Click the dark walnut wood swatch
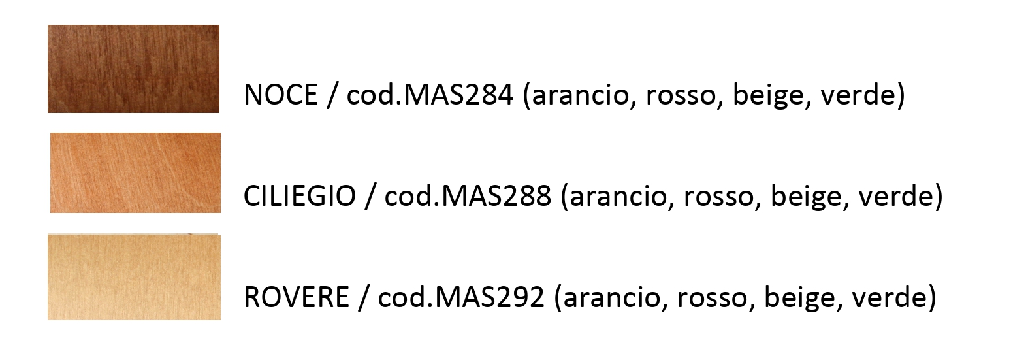coord(134,69)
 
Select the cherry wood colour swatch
coord(135,172)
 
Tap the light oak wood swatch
coord(134,277)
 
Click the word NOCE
coord(281,95)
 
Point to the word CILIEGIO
coord(300,196)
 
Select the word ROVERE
coord(297,297)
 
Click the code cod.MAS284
coord(430,95)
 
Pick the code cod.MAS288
coord(468,196)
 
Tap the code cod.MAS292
coord(461,297)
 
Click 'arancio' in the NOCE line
coord(580,96)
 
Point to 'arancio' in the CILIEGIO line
coord(618,197)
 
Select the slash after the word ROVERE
coord(364,298)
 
